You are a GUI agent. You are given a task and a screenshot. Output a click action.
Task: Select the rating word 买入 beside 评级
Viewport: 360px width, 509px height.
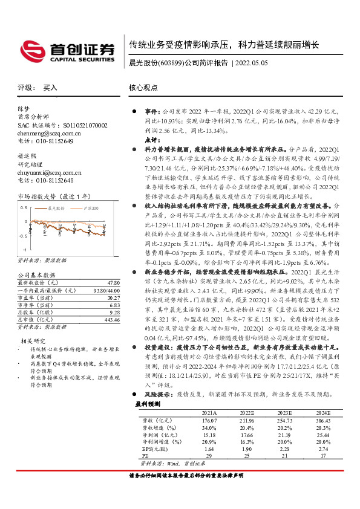(x=50, y=88)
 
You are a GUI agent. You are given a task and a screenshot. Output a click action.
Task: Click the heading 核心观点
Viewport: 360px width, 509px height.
(x=144, y=88)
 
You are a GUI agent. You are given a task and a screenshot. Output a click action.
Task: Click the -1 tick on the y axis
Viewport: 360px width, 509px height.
(x=24, y=249)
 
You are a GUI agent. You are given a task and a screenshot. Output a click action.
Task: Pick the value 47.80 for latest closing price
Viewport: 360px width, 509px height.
(x=113, y=282)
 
